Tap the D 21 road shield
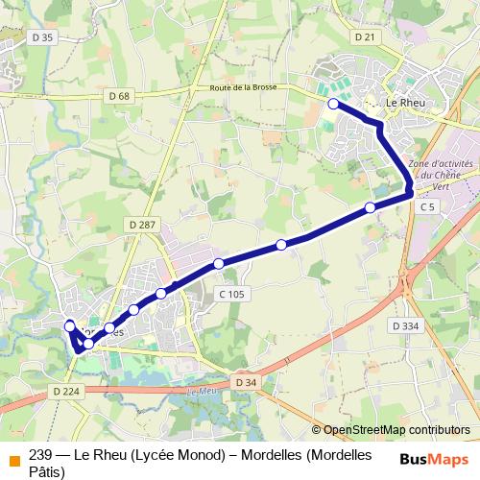pyautogui.click(x=363, y=36)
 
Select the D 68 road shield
pyautogui.click(x=118, y=96)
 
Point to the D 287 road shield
pyautogui.click(x=141, y=225)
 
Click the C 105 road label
pyautogui.click(x=231, y=294)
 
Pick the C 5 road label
pyautogui.click(x=426, y=207)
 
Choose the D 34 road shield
pyautogui.click(x=246, y=383)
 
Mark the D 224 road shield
pyautogui.click(x=65, y=391)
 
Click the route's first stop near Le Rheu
pyautogui.click(x=333, y=104)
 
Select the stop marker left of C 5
pyautogui.click(x=371, y=207)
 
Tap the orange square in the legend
pyautogui.click(x=13, y=460)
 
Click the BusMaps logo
pyautogui.click(x=434, y=459)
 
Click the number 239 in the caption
pyautogui.click(x=41, y=454)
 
